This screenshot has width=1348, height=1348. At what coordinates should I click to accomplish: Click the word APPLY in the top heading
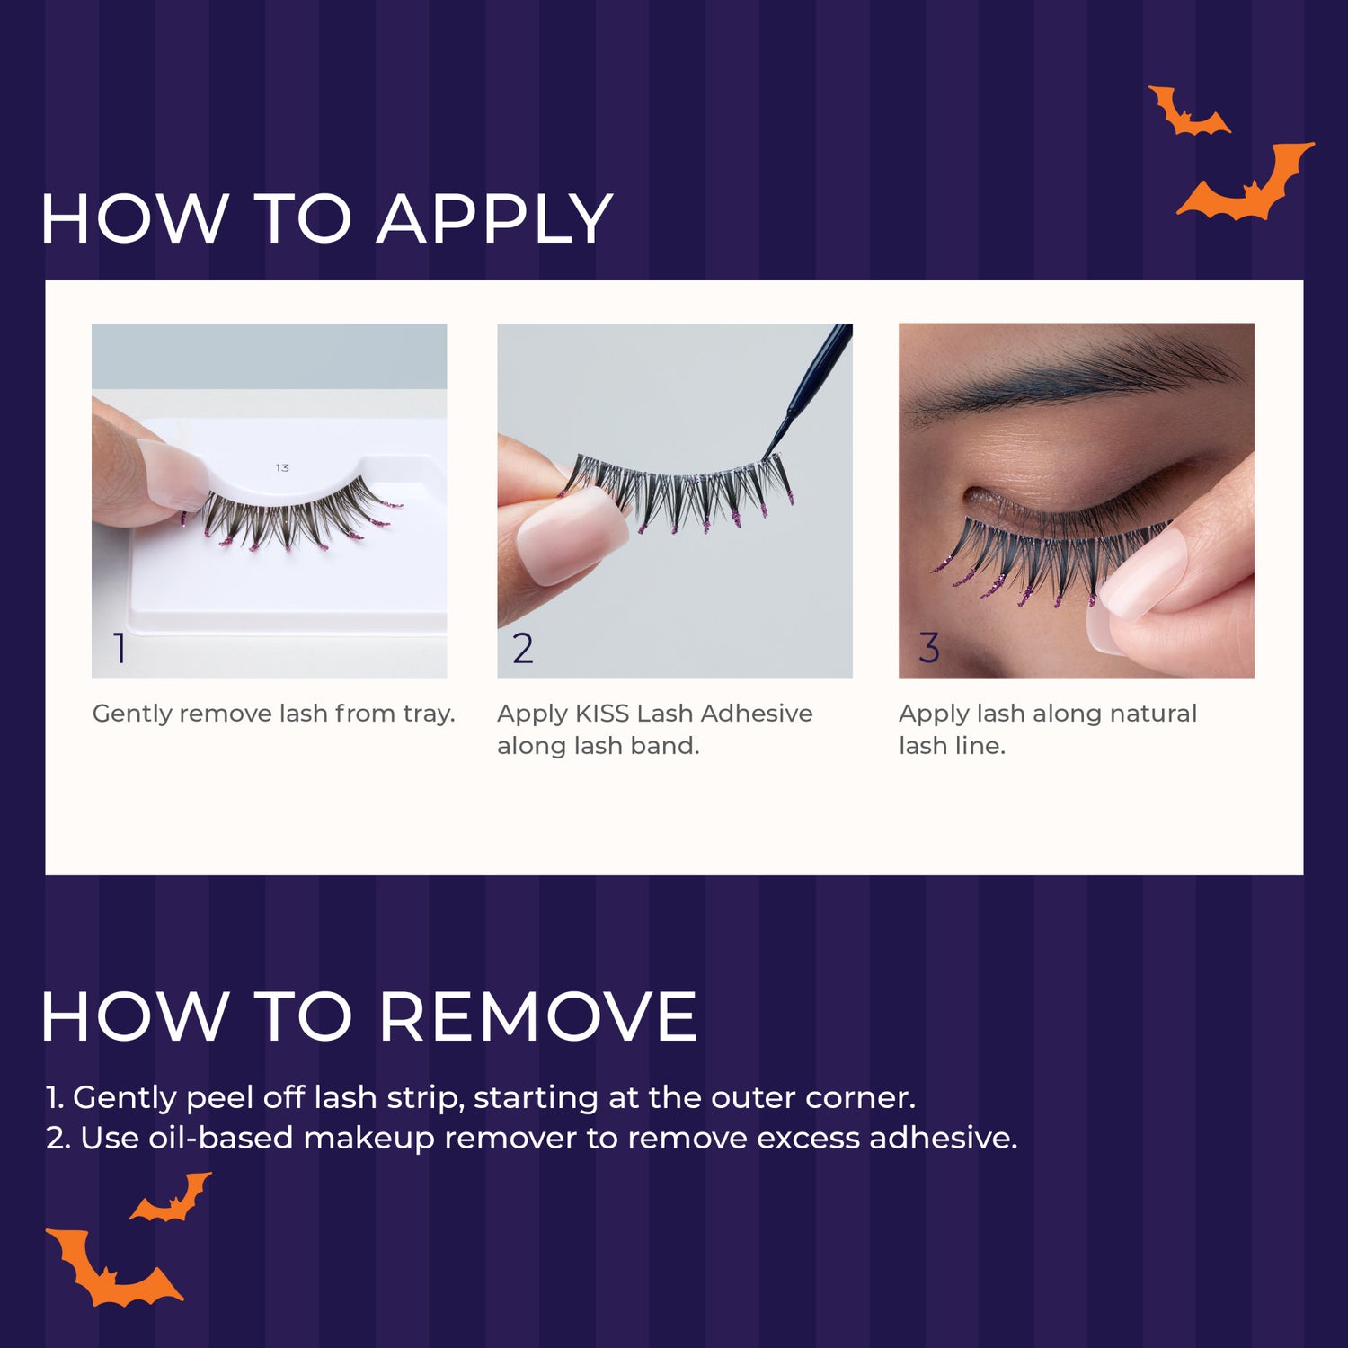point(494,219)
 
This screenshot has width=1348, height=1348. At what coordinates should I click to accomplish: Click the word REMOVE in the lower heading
point(537,1017)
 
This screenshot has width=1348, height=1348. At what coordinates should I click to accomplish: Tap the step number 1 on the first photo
point(120,648)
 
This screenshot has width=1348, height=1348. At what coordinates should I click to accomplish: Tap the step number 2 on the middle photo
point(522,648)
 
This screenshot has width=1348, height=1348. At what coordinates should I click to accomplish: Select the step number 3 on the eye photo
point(928,648)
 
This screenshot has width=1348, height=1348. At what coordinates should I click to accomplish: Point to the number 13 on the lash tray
point(282,468)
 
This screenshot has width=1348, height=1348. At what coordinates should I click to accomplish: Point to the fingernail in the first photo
point(175,472)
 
